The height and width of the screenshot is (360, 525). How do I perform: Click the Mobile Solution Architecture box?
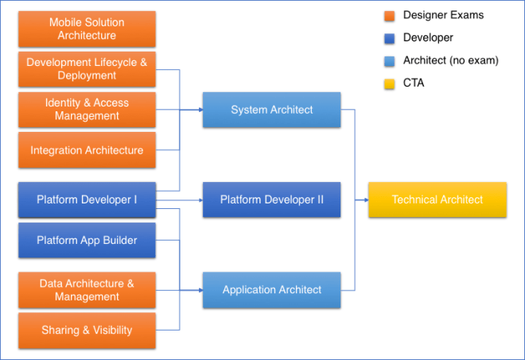pyautogui.click(x=87, y=29)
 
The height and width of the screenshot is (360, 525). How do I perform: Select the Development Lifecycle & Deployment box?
pyautogui.click(x=87, y=69)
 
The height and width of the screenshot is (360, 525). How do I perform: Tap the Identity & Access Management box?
pyautogui.click(x=87, y=110)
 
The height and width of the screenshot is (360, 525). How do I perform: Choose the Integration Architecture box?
pyautogui.click(x=87, y=150)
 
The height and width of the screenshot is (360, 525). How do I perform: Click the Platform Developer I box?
pyautogui.click(x=87, y=199)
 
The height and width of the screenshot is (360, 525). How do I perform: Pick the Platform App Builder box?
pyautogui.click(x=87, y=240)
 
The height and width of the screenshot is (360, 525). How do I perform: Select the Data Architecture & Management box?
pyautogui.click(x=87, y=290)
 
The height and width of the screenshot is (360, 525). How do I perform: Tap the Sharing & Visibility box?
pyautogui.click(x=87, y=330)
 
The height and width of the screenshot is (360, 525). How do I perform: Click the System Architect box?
pyautogui.click(x=271, y=110)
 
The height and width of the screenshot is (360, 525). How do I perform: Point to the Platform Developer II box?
pyautogui.click(x=271, y=199)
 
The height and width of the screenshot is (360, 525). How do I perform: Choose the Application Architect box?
pyautogui.click(x=271, y=290)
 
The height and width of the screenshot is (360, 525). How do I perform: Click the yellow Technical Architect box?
pyautogui.click(x=437, y=199)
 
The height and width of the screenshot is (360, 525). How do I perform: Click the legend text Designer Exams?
pyautogui.click(x=443, y=15)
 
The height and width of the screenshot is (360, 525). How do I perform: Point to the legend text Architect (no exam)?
pyautogui.click(x=450, y=60)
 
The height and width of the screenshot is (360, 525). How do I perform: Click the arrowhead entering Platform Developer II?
pyautogui.click(x=199, y=199)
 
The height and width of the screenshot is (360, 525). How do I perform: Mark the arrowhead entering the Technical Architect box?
pyautogui.click(x=364, y=199)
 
